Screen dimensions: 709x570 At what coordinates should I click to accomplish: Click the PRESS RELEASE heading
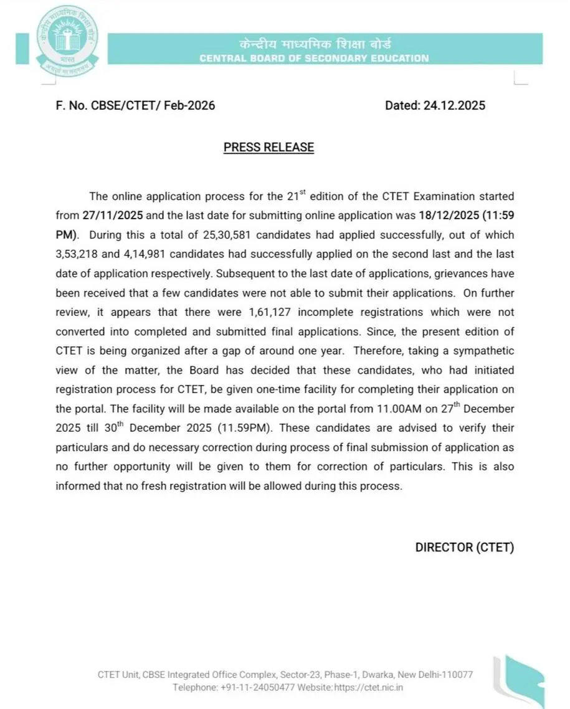click(x=268, y=147)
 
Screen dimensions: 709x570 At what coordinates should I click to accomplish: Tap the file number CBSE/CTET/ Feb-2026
click(x=153, y=105)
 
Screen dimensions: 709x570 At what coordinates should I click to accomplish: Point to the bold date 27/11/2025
click(x=113, y=216)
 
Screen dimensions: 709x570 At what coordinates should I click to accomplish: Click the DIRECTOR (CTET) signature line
click(x=464, y=548)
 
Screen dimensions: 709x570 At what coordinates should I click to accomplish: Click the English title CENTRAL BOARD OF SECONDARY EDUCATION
click(x=314, y=59)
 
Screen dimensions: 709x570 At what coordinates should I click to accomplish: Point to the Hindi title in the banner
click(x=314, y=45)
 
